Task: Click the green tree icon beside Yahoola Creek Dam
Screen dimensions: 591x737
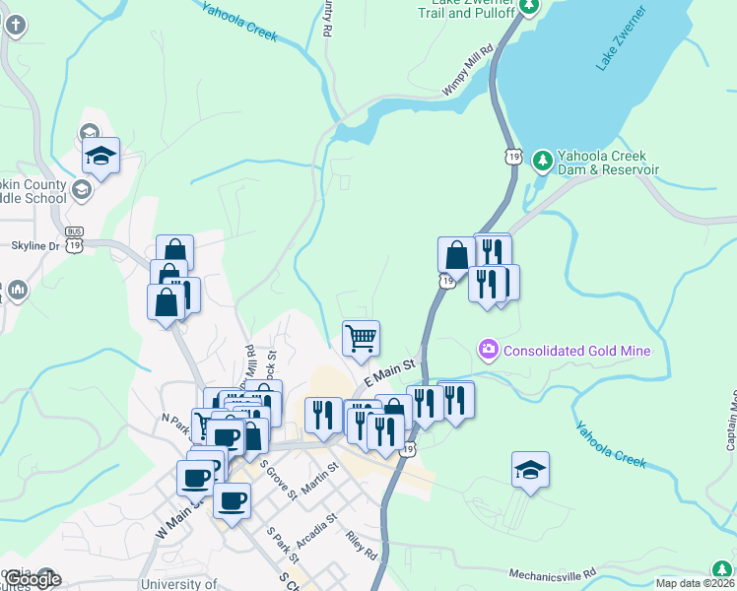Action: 541,159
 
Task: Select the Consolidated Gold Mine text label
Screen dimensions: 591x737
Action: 577,350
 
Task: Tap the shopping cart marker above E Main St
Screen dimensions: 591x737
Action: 362,338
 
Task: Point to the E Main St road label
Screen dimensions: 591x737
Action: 391,372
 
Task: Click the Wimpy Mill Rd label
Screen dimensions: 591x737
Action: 468,70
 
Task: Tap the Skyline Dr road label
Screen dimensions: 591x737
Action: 35,245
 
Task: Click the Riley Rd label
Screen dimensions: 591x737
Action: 362,547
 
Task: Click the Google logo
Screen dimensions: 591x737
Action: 33,579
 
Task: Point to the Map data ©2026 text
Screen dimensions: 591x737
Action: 695,583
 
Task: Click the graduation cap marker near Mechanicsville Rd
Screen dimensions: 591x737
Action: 531,471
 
